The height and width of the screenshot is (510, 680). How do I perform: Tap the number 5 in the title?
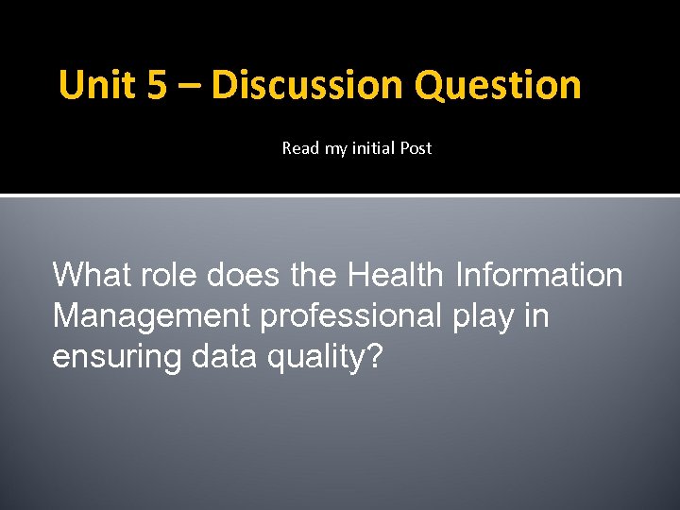click(159, 85)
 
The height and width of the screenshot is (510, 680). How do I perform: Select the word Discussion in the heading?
click(307, 85)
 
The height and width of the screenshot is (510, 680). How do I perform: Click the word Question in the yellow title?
click(498, 85)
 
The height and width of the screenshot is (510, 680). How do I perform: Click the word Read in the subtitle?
click(301, 148)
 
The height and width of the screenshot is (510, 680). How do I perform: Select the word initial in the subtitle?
click(375, 148)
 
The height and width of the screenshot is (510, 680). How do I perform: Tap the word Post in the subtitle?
click(416, 148)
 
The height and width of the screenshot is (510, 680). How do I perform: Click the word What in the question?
click(90, 275)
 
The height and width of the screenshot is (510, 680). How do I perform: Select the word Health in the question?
click(396, 275)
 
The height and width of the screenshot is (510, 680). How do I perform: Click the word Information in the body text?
click(539, 275)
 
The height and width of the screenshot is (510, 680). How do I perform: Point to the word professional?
click(348, 316)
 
